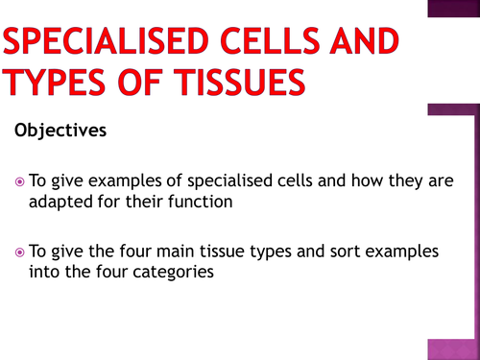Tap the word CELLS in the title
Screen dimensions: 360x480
268,42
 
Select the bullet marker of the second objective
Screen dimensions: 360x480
21,252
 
